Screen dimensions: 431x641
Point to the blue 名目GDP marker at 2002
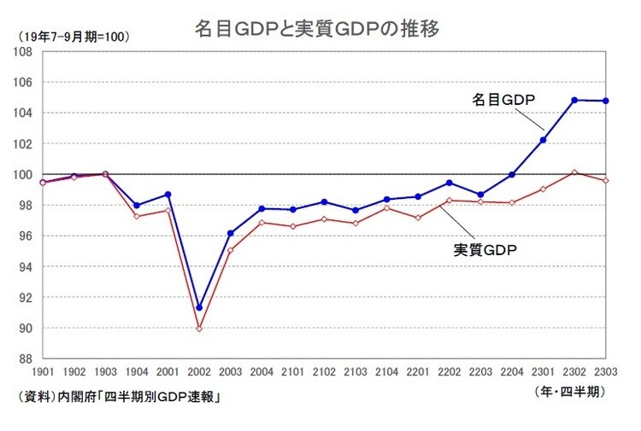pos(199,307)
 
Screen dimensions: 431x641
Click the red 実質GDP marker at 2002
pos(199,329)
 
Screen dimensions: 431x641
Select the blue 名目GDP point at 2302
pos(575,100)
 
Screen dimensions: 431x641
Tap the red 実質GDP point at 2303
pos(606,181)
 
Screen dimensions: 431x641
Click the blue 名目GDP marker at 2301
pos(544,140)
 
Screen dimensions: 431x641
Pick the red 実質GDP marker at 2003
pos(231,250)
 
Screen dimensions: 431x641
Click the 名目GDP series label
pos(503,100)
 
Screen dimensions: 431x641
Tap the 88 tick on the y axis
pos(26,359)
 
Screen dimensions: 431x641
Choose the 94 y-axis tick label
pos(26,267)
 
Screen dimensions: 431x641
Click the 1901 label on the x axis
pos(43,373)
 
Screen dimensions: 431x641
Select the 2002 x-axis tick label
pos(199,373)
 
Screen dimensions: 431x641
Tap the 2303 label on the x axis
pos(606,373)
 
